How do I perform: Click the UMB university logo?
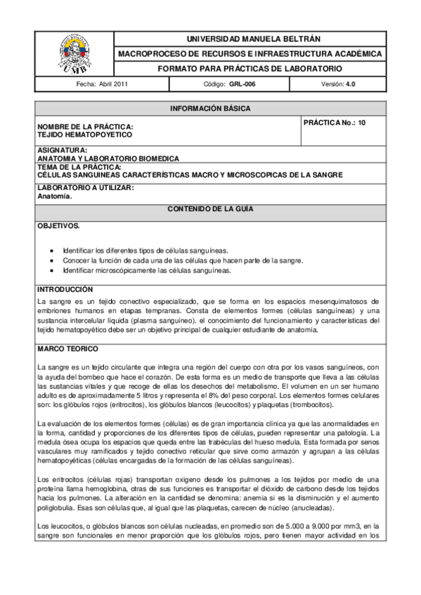pos(74,53)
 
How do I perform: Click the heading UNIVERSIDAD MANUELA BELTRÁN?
pos(250,38)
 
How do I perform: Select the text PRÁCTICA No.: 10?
pos(334,122)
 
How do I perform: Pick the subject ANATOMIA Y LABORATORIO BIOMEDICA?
pos(108,159)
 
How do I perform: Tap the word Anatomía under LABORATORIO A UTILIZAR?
pos(55,196)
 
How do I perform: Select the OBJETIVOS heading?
pos(58,226)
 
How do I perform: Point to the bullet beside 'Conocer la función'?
pos(51,260)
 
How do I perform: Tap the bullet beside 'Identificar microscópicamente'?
pos(51,271)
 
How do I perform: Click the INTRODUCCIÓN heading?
pos(65,289)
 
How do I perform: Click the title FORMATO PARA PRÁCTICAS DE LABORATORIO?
pos(250,69)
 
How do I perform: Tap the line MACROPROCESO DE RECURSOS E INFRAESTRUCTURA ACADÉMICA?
pos(250,53)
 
